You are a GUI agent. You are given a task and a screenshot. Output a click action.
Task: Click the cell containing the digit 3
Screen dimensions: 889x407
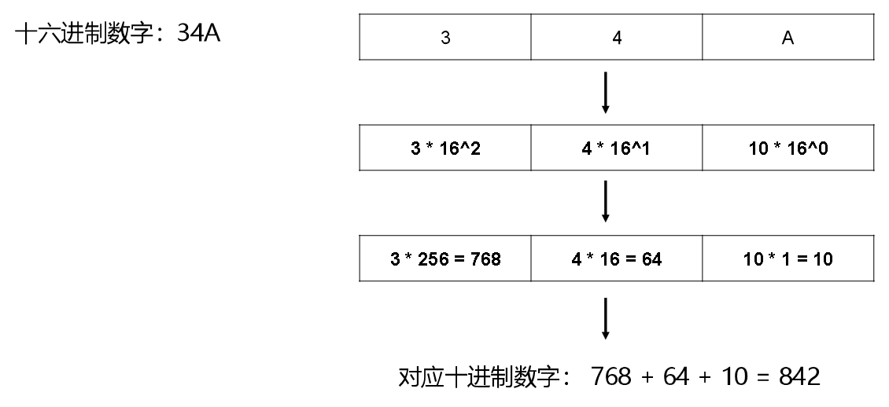click(445, 37)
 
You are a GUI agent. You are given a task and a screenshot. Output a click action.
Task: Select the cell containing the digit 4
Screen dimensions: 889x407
click(617, 37)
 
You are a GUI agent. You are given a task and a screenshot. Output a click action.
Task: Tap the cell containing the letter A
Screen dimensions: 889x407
click(788, 37)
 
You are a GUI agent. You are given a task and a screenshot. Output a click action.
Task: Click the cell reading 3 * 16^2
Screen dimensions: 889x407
click(445, 148)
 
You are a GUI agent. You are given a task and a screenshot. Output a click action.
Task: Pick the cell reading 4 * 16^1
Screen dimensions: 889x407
click(617, 148)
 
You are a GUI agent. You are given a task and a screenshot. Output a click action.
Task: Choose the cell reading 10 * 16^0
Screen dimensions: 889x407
click(788, 148)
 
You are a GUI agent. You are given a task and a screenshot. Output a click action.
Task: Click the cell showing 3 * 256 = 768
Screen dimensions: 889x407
click(445, 258)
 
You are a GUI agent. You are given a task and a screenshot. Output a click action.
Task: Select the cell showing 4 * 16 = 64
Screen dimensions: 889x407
click(617, 258)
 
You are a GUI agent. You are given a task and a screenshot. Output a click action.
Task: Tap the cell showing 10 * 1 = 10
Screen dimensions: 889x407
click(788, 258)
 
